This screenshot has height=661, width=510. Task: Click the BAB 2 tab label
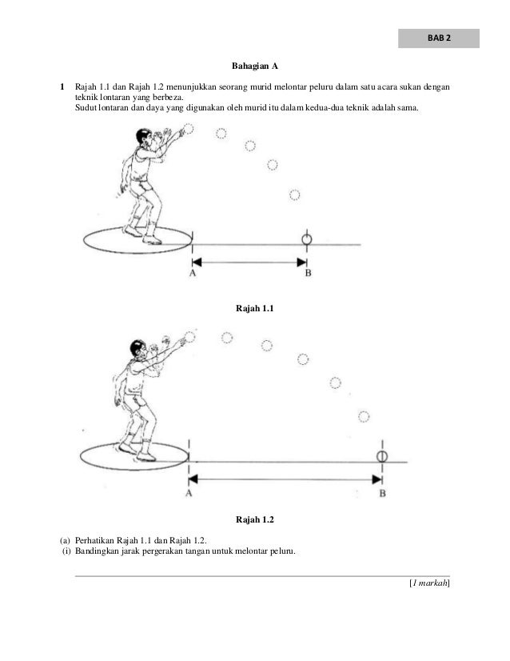point(438,39)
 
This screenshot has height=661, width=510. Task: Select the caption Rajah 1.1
point(254,308)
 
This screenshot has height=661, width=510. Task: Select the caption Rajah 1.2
point(254,520)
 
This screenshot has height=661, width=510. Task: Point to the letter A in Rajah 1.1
point(193,274)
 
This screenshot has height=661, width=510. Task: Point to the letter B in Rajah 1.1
point(308,274)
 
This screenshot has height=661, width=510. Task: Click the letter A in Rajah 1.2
point(189,494)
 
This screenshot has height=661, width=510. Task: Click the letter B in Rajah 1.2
point(382,494)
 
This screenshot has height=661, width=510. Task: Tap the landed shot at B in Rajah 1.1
point(306,239)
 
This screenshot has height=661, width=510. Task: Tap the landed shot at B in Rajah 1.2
point(382,456)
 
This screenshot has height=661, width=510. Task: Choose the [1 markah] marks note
point(429,584)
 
